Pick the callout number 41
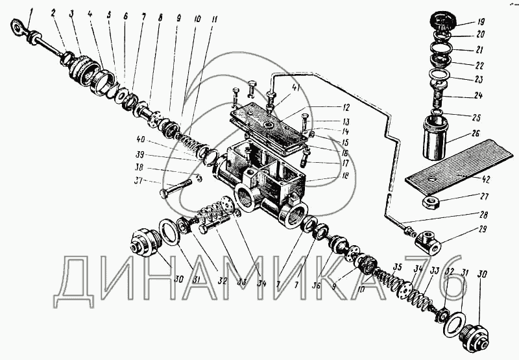[x=278, y=88]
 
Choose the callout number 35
[x=396, y=267]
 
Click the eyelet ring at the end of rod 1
[x=18, y=28]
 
